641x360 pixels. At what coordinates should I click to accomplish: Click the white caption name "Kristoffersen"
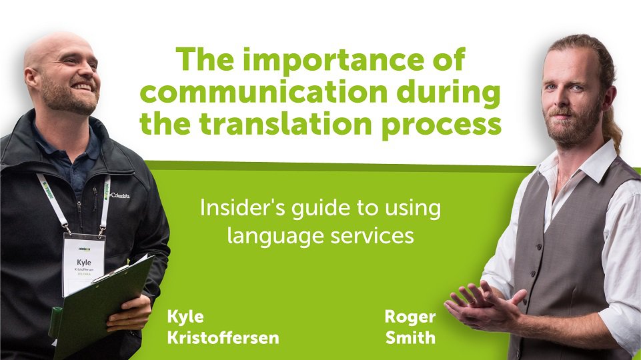[x=223, y=338]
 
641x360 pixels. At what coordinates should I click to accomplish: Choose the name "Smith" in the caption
[x=410, y=338]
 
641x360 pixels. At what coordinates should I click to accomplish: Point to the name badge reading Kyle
[x=84, y=264]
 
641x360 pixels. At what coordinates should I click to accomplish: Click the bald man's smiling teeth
[x=82, y=87]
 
